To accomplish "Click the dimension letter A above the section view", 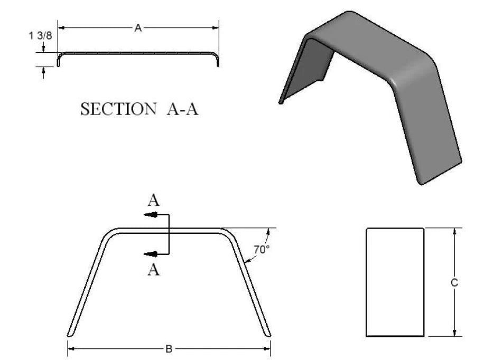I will [x=137, y=29].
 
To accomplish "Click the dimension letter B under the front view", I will [x=169, y=349].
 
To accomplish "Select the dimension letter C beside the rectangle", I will [x=454, y=283].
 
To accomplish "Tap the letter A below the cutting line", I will [x=154, y=270].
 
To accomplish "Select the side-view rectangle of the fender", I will [x=395, y=282].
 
